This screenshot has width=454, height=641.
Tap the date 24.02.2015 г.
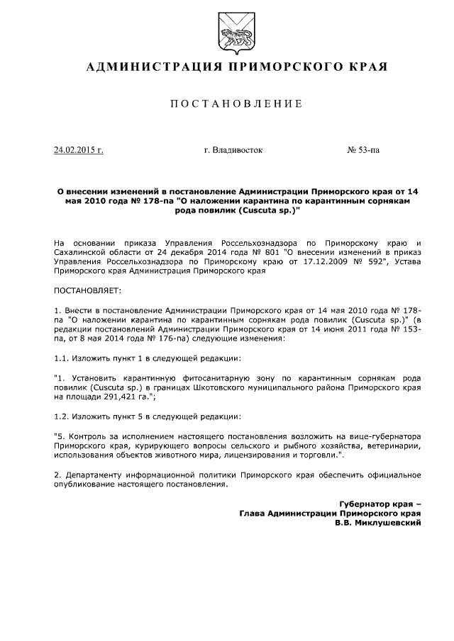(x=79, y=150)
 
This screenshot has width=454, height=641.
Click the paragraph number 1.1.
(x=62, y=359)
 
